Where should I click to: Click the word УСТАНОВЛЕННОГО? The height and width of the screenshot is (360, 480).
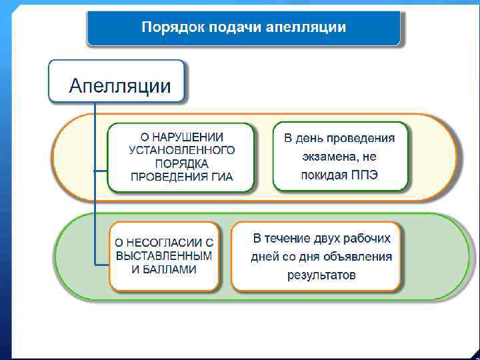pos(181,151)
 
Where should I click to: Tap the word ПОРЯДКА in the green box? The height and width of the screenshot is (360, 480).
pos(181,164)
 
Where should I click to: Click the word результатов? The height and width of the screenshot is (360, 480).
pos(321,275)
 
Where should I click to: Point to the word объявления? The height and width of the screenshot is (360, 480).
pos(361,257)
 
